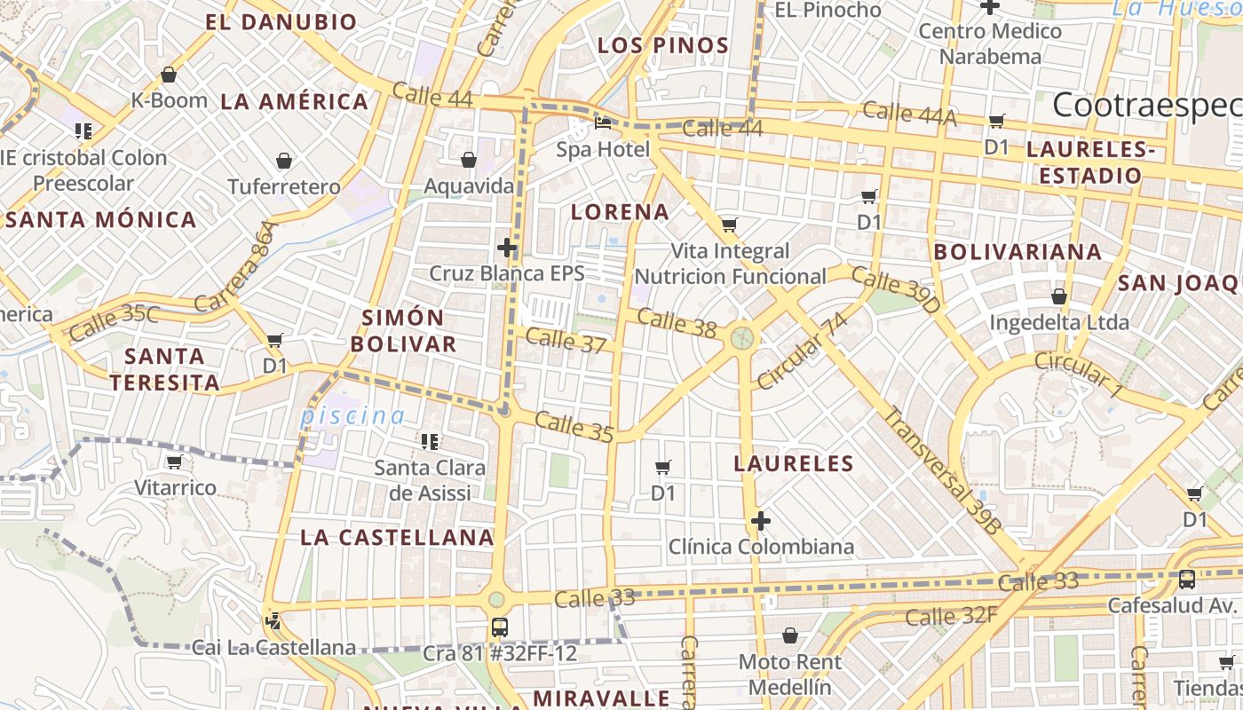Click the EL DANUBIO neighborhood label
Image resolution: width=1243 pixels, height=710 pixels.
(281, 22)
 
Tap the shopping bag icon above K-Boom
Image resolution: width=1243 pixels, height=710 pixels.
(169, 75)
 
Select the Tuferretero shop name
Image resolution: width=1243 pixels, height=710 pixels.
(284, 187)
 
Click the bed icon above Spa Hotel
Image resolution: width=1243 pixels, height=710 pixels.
(603, 122)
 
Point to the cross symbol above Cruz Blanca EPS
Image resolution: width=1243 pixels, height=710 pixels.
(507, 248)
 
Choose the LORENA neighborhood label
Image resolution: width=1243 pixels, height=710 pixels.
(620, 212)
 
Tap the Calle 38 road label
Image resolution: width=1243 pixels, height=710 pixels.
(677, 323)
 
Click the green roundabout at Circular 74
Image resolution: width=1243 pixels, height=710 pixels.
(742, 337)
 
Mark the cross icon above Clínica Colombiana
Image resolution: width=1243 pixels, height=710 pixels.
(761, 521)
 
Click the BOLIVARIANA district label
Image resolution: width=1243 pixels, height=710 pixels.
(1017, 252)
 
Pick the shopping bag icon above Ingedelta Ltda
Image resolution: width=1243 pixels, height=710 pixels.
(1059, 296)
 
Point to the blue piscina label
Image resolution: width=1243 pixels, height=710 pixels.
(352, 415)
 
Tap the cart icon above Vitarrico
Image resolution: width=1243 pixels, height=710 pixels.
(175, 461)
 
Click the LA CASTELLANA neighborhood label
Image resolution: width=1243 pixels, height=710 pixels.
(397, 537)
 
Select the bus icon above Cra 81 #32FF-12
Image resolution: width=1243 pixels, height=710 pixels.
(500, 627)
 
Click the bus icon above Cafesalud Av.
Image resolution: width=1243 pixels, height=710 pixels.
(1186, 580)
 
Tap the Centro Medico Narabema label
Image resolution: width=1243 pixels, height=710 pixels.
(990, 43)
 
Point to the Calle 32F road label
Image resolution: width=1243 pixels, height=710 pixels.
(947, 616)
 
